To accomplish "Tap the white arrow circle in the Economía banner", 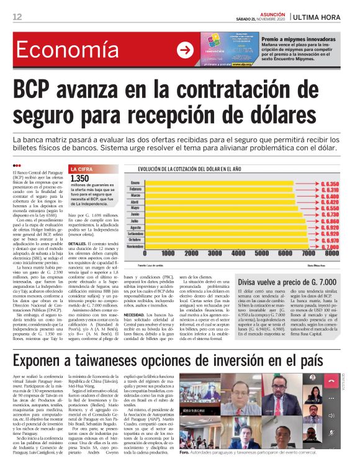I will click(185, 51).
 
